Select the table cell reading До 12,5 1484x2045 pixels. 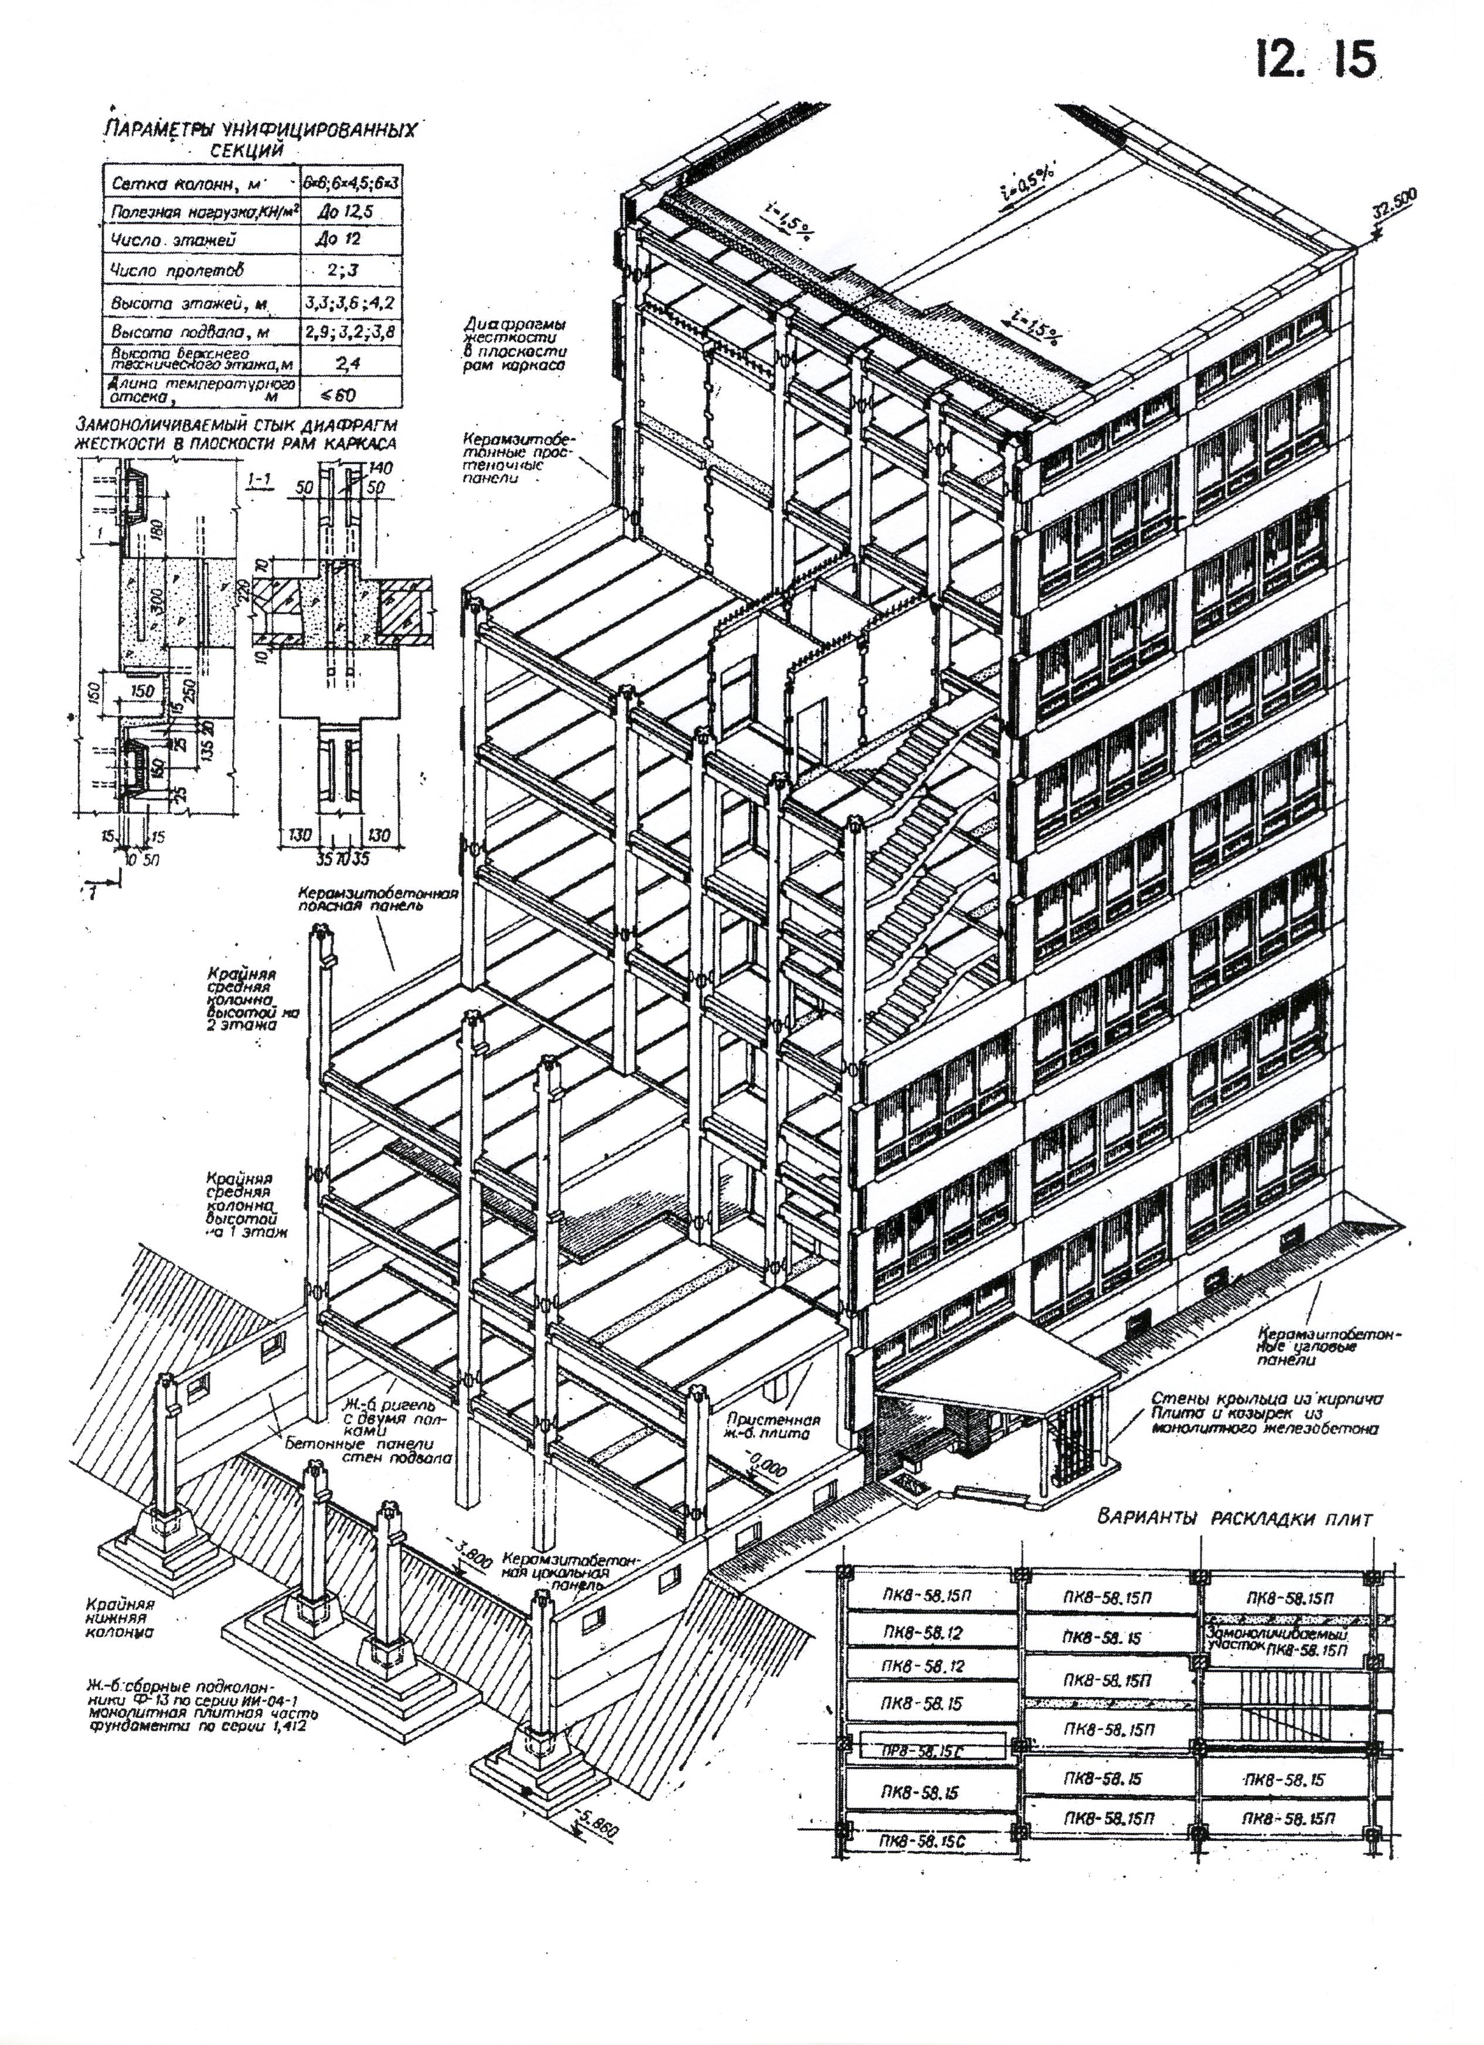pos(341,212)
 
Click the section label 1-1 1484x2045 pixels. pos(261,488)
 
